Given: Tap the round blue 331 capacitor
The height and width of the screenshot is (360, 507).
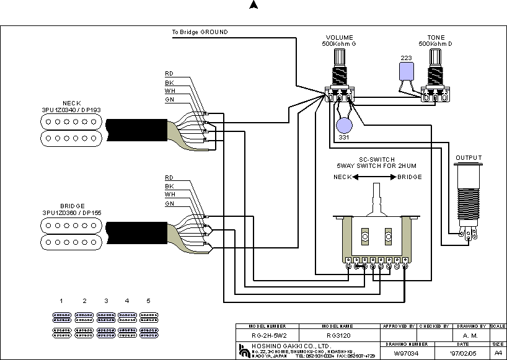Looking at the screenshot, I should coord(344,126).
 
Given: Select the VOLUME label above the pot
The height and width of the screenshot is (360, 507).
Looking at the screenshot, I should coord(339,38).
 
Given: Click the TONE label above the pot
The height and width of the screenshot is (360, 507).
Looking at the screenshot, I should coord(436,38).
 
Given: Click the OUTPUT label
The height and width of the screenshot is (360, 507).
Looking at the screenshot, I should coord(469,158).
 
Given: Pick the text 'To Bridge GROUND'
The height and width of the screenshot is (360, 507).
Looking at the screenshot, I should coord(200,32).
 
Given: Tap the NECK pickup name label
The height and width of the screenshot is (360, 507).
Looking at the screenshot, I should coord(71,103).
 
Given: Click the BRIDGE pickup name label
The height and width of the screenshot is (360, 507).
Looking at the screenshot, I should coord(71,206).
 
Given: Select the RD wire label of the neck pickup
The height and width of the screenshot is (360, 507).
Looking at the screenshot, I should coord(169,74).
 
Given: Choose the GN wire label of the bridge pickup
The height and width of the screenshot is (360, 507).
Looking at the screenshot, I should coord(169,203).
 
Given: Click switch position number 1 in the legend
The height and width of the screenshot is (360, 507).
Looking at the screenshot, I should coord(61,301).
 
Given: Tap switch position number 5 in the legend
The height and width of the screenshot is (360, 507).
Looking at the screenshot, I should coord(148,301).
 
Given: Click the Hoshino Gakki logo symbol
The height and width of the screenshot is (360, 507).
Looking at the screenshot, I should coord(242,349).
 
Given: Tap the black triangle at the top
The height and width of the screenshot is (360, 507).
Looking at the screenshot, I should coord(253,6).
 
